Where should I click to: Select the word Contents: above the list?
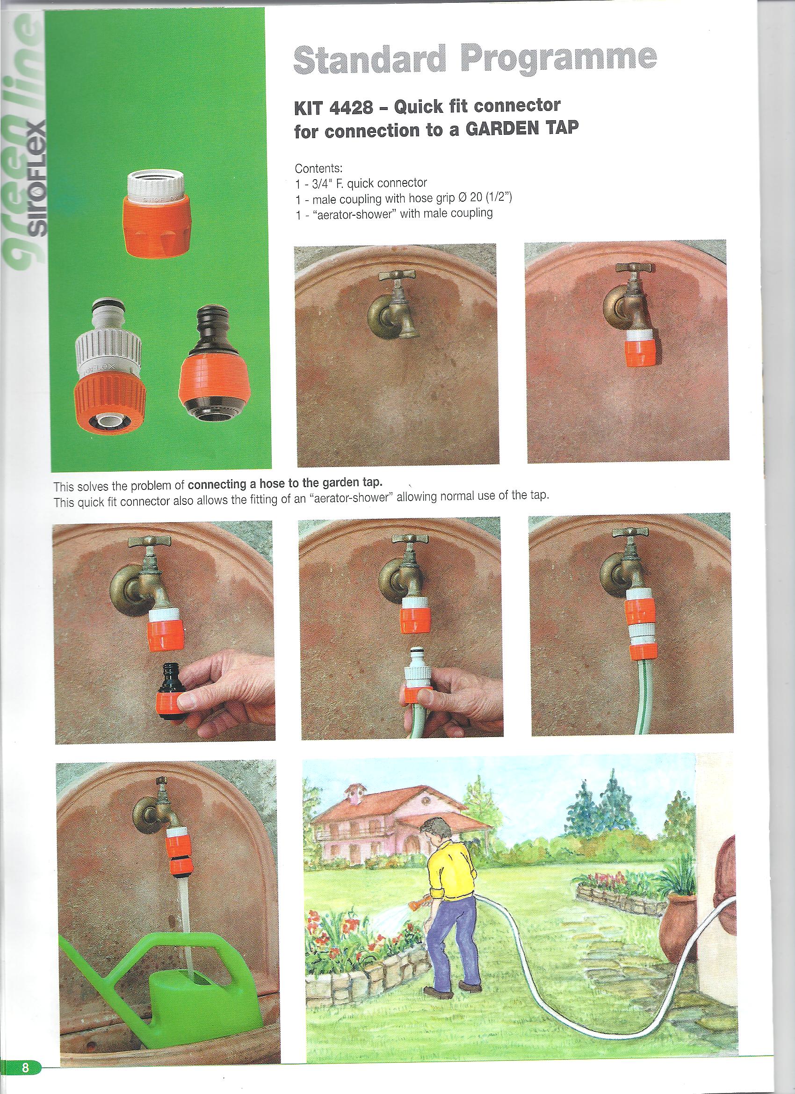(x=318, y=169)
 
